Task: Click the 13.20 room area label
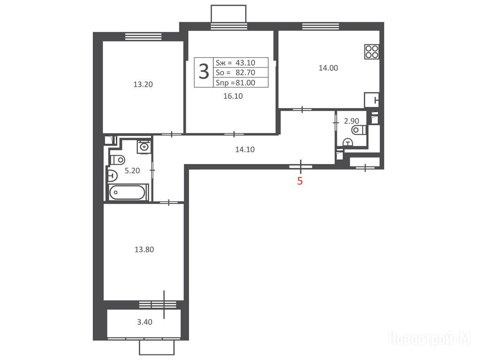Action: coord(143,84)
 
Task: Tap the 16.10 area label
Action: coord(233,96)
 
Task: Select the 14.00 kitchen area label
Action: coord(328,68)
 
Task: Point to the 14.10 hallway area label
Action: coord(245,149)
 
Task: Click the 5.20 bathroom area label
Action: coord(132,171)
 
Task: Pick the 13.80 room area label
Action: coord(144,249)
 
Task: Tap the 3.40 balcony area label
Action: coord(144,322)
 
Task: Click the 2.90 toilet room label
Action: coord(351,121)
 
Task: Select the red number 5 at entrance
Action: coord(300,181)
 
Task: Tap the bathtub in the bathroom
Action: coord(128,192)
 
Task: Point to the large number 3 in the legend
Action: coord(204,72)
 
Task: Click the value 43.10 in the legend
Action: coord(245,63)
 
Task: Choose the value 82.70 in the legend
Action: coord(245,72)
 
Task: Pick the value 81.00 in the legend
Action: coord(245,82)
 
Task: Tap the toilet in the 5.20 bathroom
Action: coord(117,159)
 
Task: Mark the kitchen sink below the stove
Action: coord(372,100)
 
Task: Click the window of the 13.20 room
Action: coord(143,37)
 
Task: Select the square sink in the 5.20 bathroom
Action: coord(143,147)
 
